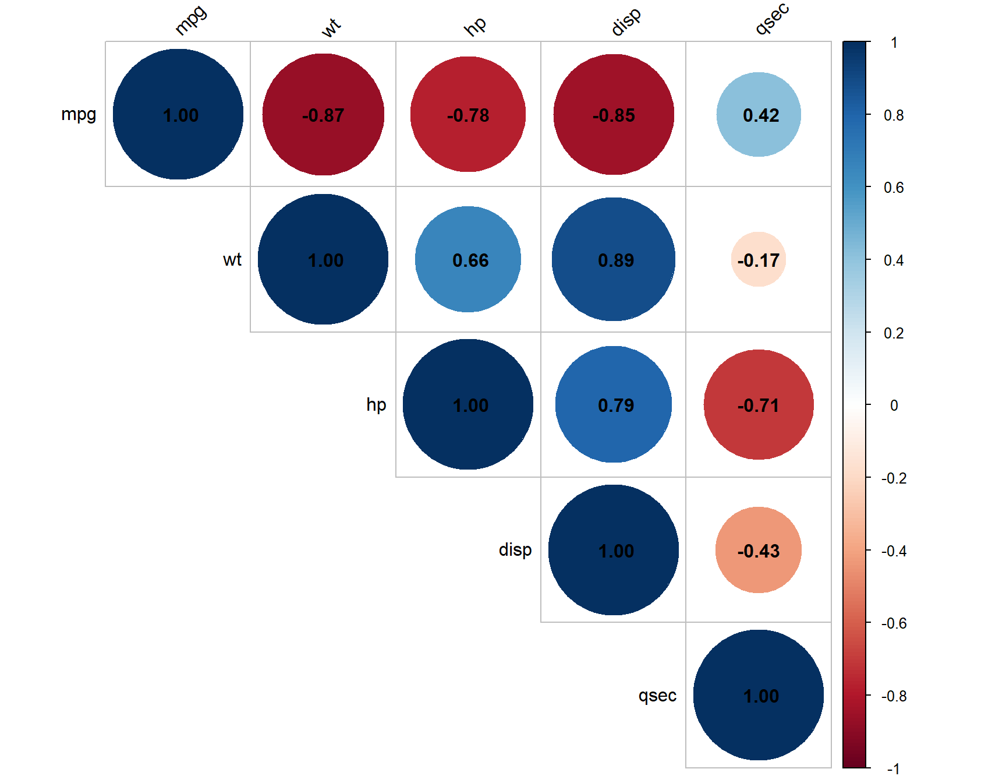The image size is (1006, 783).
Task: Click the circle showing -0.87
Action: [x=323, y=114]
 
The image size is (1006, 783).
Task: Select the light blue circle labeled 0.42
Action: [x=759, y=114]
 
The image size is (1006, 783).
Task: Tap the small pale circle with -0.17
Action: [x=759, y=259]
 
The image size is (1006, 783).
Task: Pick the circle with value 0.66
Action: [x=468, y=259]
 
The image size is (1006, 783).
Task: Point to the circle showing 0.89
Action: [x=614, y=259]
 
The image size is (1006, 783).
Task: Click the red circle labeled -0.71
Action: [x=759, y=404]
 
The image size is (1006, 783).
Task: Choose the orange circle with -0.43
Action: [x=759, y=550]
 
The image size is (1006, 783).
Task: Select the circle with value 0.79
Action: [x=614, y=404]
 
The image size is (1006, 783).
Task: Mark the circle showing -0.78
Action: [x=468, y=114]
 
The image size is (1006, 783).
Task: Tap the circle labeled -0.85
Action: [x=614, y=114]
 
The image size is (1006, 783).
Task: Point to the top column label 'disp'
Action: [x=626, y=22]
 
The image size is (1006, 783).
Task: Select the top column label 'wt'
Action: [x=331, y=27]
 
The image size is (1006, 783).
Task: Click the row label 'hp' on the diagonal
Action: [x=376, y=404]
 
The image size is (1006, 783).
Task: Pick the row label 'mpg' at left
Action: [x=79, y=114]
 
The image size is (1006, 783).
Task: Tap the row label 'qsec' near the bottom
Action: [x=657, y=695]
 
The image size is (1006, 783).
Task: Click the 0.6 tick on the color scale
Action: [x=894, y=188]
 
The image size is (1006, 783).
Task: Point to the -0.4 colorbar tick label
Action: [x=894, y=551]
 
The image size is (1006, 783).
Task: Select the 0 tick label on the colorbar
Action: [x=894, y=405]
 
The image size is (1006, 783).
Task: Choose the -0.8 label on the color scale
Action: [x=894, y=696]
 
